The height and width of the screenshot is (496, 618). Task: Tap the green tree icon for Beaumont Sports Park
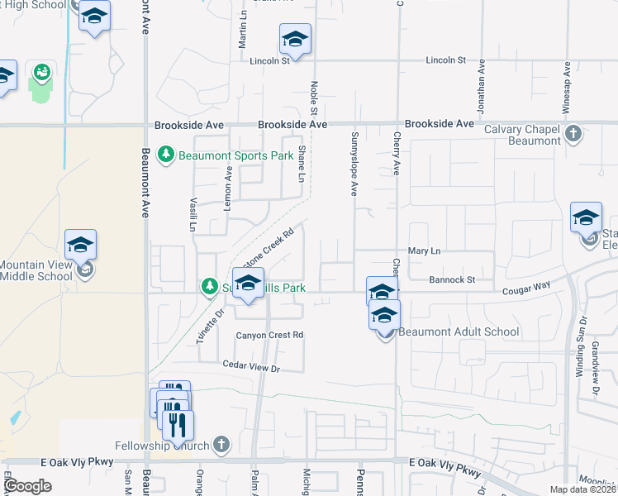[x=166, y=155]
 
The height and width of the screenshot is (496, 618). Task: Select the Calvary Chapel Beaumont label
[x=522, y=135]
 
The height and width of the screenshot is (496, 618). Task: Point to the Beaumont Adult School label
[x=459, y=332]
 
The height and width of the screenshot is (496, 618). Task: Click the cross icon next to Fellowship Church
[x=221, y=445]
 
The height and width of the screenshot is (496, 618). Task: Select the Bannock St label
[x=454, y=280]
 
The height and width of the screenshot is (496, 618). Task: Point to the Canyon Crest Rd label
[x=270, y=335]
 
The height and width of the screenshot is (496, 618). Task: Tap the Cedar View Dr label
[x=251, y=366]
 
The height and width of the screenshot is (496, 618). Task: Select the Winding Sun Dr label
[x=582, y=347]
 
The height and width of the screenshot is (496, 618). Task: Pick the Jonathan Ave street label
[x=479, y=79]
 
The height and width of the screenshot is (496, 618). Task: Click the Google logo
[x=28, y=485]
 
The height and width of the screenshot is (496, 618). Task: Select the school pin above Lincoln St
[x=295, y=41]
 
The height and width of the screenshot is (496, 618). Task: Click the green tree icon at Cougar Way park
[x=209, y=287]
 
